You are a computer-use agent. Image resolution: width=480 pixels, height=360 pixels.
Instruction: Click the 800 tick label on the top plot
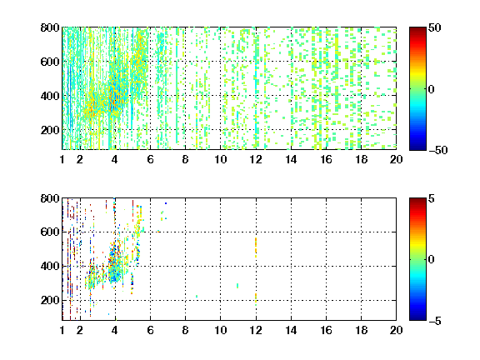click(x=50, y=27)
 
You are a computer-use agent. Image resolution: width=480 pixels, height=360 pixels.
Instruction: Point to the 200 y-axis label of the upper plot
click(x=50, y=130)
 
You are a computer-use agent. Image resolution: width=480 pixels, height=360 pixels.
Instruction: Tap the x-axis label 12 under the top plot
click(x=256, y=159)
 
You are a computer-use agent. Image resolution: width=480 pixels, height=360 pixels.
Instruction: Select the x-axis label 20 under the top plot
click(x=396, y=159)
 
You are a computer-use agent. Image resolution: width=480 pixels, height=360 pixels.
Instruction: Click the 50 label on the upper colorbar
click(x=435, y=27)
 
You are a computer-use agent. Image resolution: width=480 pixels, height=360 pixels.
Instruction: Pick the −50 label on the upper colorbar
click(x=438, y=150)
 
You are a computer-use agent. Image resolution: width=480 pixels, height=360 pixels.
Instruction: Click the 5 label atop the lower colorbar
click(x=432, y=198)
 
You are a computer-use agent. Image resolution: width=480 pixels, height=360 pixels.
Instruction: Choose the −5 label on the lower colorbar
click(x=435, y=321)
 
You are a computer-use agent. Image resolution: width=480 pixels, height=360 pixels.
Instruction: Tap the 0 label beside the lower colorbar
click(x=432, y=260)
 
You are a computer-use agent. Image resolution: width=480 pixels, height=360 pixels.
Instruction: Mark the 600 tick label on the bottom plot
click(x=50, y=232)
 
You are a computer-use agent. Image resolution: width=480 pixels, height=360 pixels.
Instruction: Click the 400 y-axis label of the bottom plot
click(x=50, y=266)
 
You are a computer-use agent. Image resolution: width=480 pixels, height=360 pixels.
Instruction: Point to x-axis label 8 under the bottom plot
click(x=185, y=330)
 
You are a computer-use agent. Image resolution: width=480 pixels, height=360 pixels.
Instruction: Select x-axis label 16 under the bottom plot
click(x=326, y=330)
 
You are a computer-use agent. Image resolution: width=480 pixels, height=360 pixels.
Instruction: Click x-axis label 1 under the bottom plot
click(x=62, y=330)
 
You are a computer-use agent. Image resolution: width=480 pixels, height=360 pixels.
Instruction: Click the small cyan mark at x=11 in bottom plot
click(x=237, y=286)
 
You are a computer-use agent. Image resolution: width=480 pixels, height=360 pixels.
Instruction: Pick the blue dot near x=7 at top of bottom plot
click(x=166, y=203)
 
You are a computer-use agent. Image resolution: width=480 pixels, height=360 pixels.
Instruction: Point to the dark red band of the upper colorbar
click(x=417, y=31)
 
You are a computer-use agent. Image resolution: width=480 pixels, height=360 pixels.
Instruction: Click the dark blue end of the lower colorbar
click(x=417, y=317)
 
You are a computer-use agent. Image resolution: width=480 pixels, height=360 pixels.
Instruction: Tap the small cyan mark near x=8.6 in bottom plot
click(x=197, y=296)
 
